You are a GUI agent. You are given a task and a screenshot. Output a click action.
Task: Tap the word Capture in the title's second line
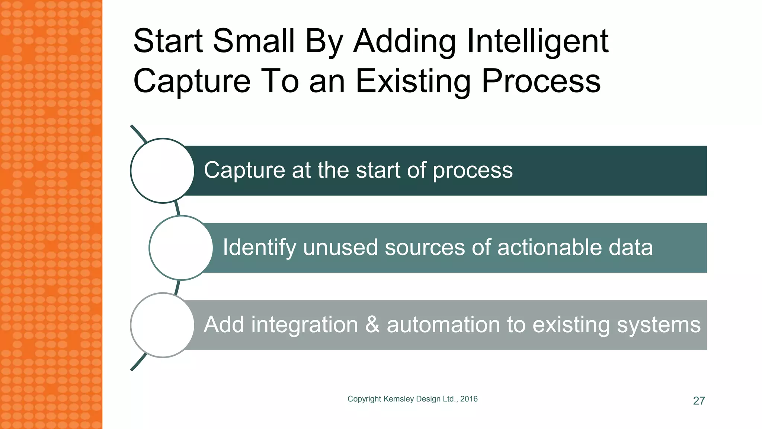pos(192,81)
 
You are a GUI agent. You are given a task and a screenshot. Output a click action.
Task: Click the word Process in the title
pos(541,81)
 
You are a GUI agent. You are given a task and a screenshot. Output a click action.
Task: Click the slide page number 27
pos(699,401)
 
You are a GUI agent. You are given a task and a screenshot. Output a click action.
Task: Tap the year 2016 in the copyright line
pos(469,399)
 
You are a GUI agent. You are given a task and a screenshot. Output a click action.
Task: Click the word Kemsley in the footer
pos(398,399)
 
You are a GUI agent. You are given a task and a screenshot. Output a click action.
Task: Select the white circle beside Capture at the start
pos(162,171)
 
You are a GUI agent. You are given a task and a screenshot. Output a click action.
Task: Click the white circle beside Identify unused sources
pos(181,248)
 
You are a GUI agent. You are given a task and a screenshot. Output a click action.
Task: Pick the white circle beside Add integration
pos(162,325)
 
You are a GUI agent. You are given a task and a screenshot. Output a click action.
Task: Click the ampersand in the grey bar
pos(372,325)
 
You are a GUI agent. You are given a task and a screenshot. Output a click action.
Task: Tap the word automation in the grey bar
pos(444,325)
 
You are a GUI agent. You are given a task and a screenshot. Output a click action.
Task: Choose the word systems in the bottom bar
pos(659,325)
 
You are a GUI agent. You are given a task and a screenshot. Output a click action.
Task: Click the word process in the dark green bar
pos(473,171)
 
